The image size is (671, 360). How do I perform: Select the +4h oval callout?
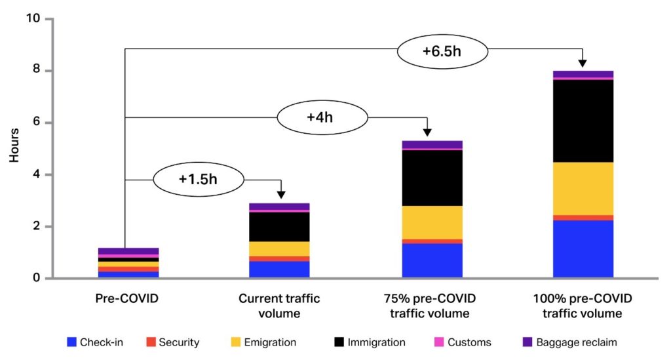322,118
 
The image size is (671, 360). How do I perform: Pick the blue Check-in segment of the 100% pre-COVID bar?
583,249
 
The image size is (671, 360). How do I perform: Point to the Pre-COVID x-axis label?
127,299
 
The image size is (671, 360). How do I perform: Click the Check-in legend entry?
94,342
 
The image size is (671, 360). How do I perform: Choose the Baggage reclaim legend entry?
569,342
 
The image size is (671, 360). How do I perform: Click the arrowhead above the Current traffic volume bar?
281,194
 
